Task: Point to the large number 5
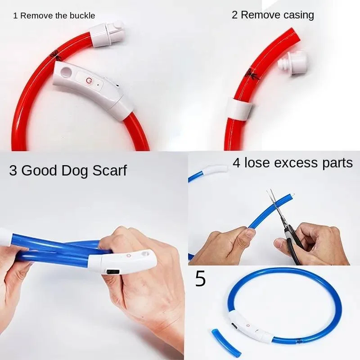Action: (200, 279)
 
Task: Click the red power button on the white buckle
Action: (88, 80)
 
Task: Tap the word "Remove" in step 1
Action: (36, 16)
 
